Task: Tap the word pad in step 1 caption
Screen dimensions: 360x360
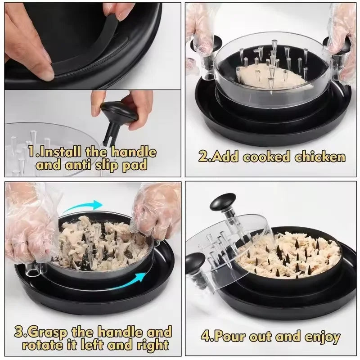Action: tap(135, 165)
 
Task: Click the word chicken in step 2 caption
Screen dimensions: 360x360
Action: tap(320, 157)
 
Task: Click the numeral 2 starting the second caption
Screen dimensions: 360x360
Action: tap(203, 157)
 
